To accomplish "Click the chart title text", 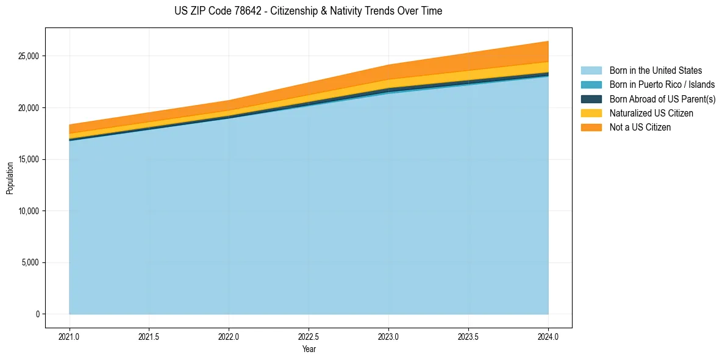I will click(x=309, y=11).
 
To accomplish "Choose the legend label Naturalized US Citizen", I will click(x=651, y=113).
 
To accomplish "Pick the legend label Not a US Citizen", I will click(x=640, y=127).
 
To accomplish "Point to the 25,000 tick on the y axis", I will click(x=28, y=56).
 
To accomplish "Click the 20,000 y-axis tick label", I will click(x=28, y=108).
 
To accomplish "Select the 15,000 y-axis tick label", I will click(x=28, y=159).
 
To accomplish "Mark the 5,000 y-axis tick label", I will click(x=30, y=263).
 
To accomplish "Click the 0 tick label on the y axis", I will click(x=37, y=314).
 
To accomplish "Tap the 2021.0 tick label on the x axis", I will click(x=69, y=336).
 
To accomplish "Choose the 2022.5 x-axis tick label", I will click(x=309, y=336).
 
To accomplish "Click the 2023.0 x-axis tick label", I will click(x=388, y=336).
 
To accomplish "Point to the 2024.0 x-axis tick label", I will click(x=548, y=336).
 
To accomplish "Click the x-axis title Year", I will click(x=309, y=349).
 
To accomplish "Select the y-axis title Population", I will click(x=10, y=178).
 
